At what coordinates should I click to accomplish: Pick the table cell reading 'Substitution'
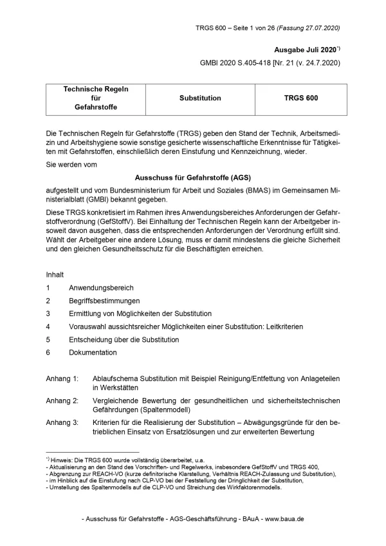pos(200,98)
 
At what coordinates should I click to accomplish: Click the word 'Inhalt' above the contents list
pos(55,274)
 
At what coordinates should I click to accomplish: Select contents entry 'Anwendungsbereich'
pos(102,288)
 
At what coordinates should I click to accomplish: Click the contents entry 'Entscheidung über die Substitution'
pos(124,339)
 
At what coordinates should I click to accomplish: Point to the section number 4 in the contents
pos(48,326)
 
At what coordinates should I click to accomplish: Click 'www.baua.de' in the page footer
pos(284,518)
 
